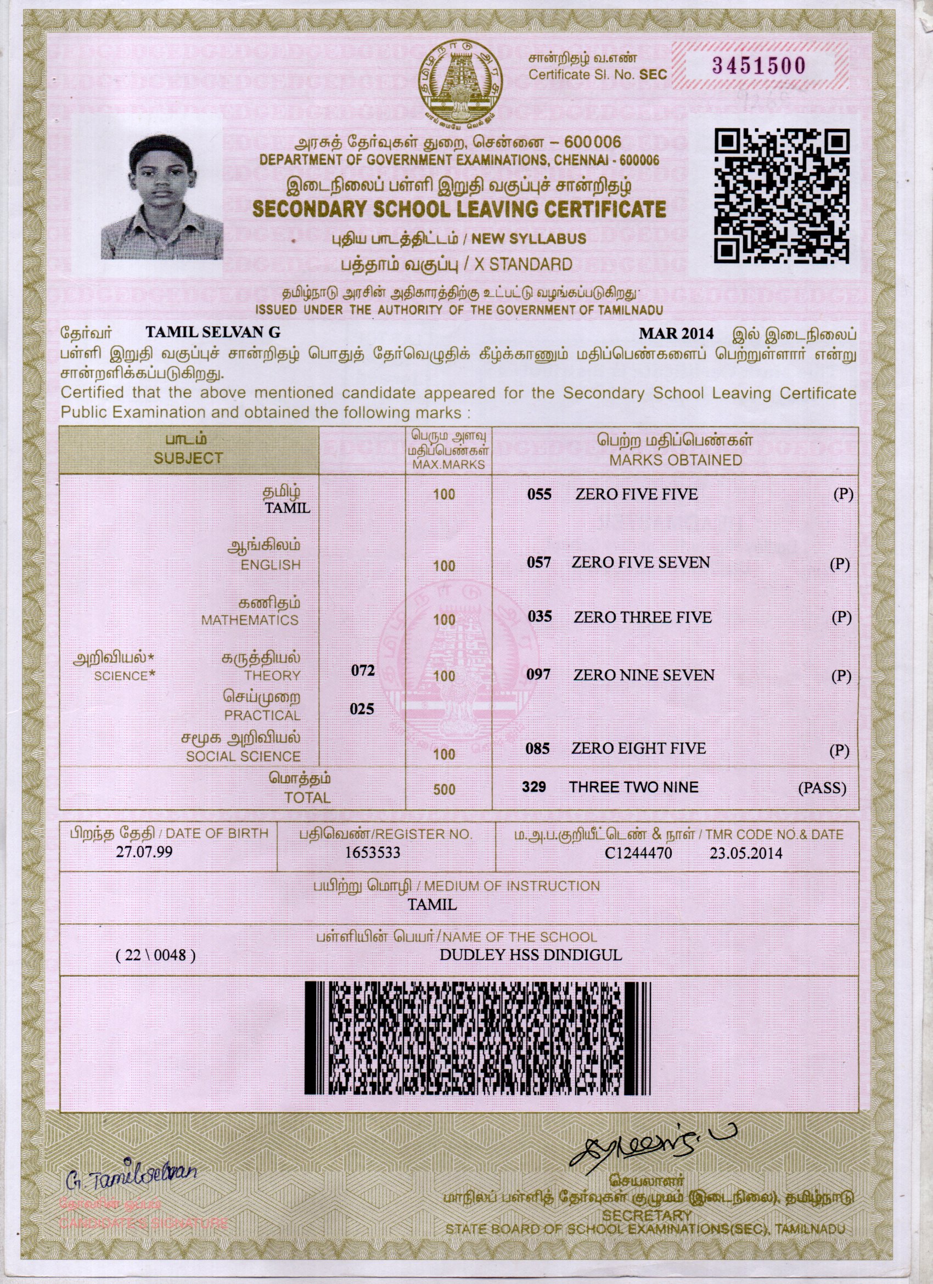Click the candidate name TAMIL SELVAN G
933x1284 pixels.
(213, 333)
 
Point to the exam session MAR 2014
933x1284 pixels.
(676, 333)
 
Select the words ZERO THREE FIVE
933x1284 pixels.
(642, 617)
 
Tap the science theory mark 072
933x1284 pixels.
(362, 670)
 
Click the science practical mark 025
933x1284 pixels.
(362, 709)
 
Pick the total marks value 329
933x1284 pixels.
(536, 787)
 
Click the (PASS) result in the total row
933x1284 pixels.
(822, 788)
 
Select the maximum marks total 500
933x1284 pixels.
(444, 789)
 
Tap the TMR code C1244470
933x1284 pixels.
(638, 853)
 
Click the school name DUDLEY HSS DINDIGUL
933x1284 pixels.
(531, 955)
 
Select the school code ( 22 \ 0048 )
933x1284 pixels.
(155, 956)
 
